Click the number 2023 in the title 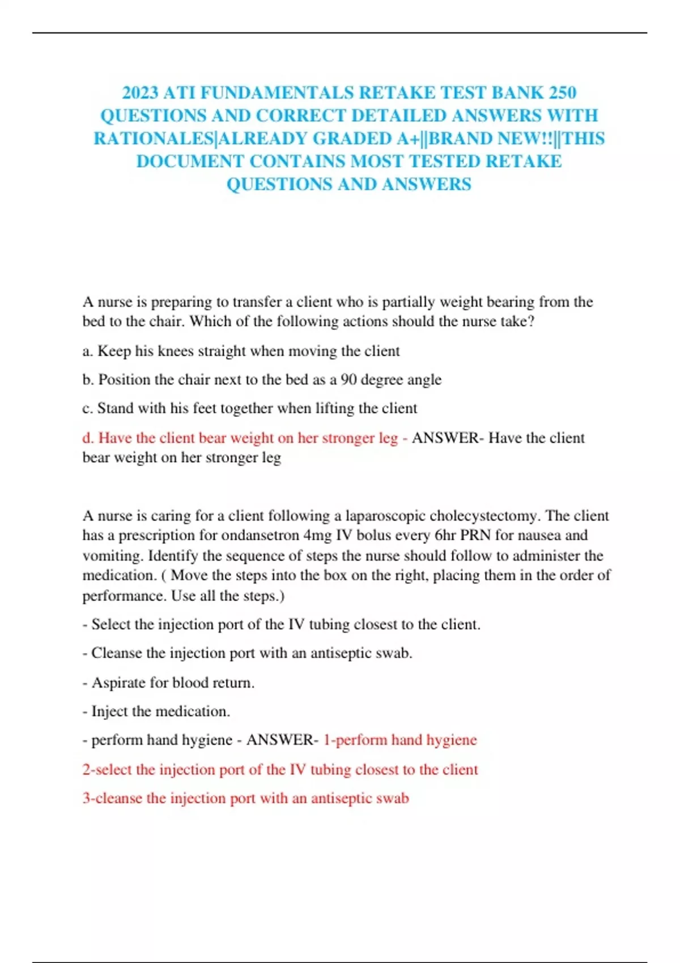click(x=141, y=92)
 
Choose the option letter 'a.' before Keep click(x=88, y=351)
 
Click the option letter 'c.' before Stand click(x=87, y=408)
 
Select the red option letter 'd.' click(x=88, y=438)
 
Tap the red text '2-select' click(x=107, y=770)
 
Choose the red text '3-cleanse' click(x=112, y=799)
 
